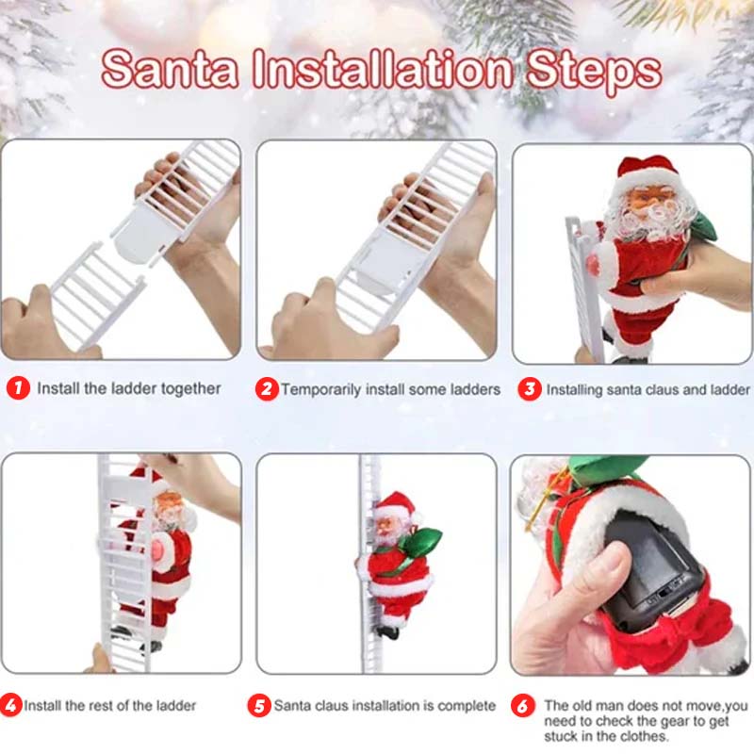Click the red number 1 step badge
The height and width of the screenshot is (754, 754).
(x=18, y=387)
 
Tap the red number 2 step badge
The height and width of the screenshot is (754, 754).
(x=267, y=388)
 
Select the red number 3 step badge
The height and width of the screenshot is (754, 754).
(x=530, y=388)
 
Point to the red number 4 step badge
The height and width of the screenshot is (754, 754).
(x=10, y=705)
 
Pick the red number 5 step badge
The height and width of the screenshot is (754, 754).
(x=259, y=705)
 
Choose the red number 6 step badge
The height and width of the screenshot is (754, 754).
(x=523, y=705)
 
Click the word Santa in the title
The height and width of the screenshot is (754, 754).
(x=170, y=69)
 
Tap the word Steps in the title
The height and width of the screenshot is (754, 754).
(x=595, y=73)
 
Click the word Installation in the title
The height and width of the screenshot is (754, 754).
(x=383, y=69)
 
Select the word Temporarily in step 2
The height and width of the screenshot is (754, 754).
(x=320, y=389)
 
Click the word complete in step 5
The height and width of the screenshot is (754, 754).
(x=467, y=705)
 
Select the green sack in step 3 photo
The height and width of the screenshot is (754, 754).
(x=702, y=227)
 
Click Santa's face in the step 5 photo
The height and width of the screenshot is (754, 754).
(x=385, y=525)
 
